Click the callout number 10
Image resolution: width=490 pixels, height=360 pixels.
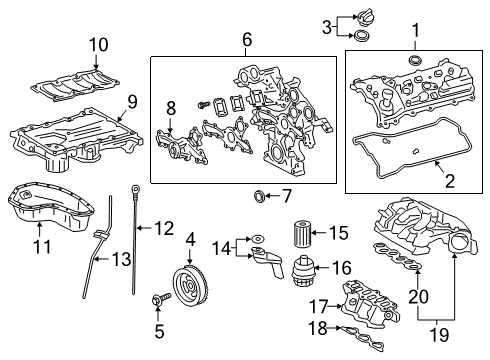(x=98, y=44)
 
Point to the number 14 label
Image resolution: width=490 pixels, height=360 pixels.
(x=223, y=246)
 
